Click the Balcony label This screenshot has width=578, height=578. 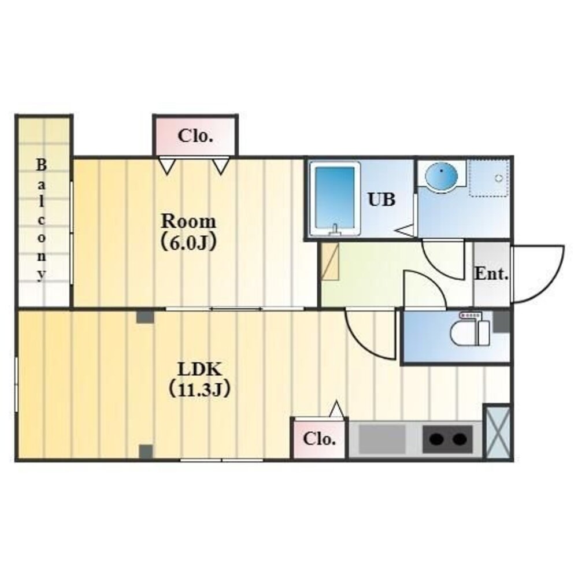(x=41, y=220)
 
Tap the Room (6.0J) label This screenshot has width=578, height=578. (x=188, y=232)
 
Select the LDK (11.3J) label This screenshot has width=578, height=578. (x=199, y=379)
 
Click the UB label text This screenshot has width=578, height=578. (x=381, y=199)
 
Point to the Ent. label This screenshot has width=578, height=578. (x=491, y=274)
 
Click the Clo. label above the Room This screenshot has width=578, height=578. (x=195, y=136)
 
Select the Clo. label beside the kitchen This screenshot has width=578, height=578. (x=320, y=439)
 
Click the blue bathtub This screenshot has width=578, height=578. (x=335, y=199)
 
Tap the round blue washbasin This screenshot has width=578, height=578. (x=441, y=176)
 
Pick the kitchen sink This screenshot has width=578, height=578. (x=382, y=439)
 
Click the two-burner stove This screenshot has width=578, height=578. (x=447, y=439)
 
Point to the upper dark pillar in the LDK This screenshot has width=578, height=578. (x=144, y=317)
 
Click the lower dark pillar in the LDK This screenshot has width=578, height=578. (x=146, y=451)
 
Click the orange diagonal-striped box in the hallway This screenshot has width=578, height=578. (x=330, y=261)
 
